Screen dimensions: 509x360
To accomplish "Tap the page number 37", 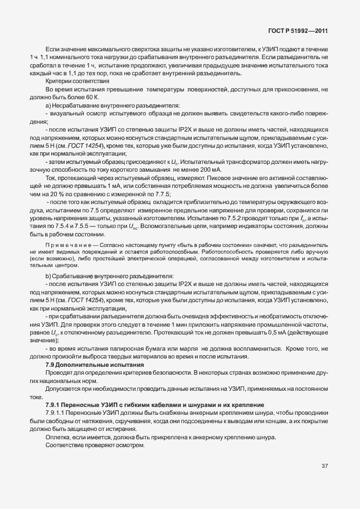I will (x=325, y=482).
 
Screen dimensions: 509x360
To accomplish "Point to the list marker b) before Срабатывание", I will (x=48, y=277).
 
